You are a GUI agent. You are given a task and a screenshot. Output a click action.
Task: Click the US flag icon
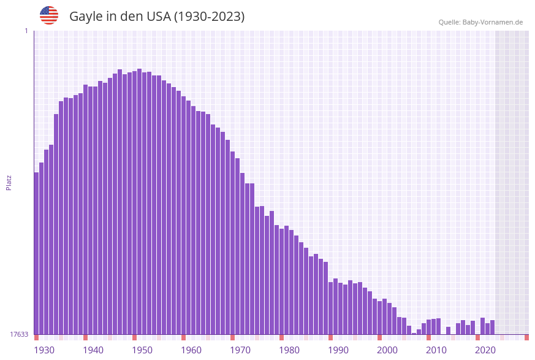click(49, 15)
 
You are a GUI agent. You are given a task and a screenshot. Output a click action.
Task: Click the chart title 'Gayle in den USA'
click(157, 17)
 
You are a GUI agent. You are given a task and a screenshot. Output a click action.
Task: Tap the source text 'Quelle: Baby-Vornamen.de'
click(480, 22)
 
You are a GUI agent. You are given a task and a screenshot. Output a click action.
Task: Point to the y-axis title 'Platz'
click(9, 182)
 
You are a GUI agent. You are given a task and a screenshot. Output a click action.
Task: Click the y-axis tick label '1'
click(26, 31)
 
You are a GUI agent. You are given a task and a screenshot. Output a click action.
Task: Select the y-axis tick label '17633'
click(19, 334)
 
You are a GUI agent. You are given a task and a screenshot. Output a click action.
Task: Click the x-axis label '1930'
click(44, 350)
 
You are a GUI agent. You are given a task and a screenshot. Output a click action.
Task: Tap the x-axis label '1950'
click(142, 350)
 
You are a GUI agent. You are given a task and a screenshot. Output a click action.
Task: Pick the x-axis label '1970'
click(240, 350)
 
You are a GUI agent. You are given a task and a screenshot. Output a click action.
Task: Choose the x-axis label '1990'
click(338, 350)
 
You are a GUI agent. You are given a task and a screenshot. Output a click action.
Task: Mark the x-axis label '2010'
click(436, 350)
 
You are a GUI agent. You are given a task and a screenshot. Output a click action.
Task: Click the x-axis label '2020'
click(485, 350)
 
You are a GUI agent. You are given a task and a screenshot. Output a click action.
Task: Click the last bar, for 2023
click(492, 327)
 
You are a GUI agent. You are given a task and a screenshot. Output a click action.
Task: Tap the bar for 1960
click(183, 215)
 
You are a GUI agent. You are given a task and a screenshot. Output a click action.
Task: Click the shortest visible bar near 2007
click(414, 333)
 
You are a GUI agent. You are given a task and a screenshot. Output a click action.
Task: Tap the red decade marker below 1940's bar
click(85, 337)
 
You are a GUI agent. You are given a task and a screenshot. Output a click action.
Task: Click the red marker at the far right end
click(526, 337)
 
